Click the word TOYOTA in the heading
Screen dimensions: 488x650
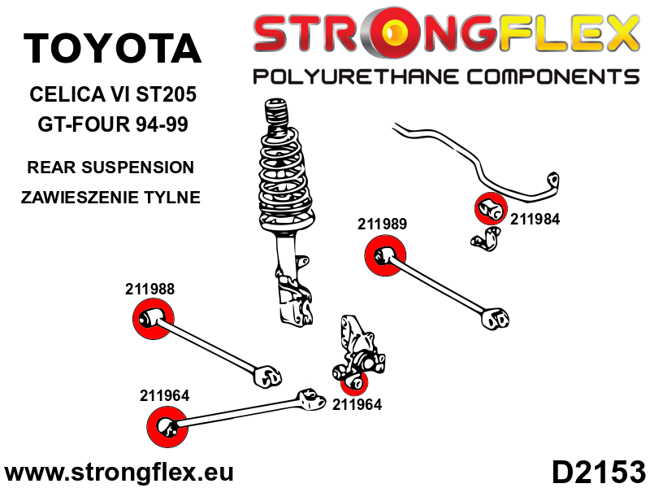tap(112, 49)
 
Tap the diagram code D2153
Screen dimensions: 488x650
tap(598, 472)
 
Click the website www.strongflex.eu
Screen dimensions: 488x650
tap(119, 472)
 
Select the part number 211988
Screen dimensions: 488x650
tap(150, 288)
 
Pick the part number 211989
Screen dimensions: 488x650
tap(382, 224)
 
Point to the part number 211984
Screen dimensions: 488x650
tap(535, 218)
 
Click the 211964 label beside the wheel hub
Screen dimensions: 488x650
tap(357, 402)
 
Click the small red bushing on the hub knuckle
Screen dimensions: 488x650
tap(354, 381)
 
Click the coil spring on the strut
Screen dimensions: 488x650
tap(284, 175)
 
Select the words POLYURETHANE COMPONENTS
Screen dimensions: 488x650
tap(445, 77)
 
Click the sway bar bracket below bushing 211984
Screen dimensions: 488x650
tap(487, 239)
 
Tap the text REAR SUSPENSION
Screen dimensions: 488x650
tap(110, 168)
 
